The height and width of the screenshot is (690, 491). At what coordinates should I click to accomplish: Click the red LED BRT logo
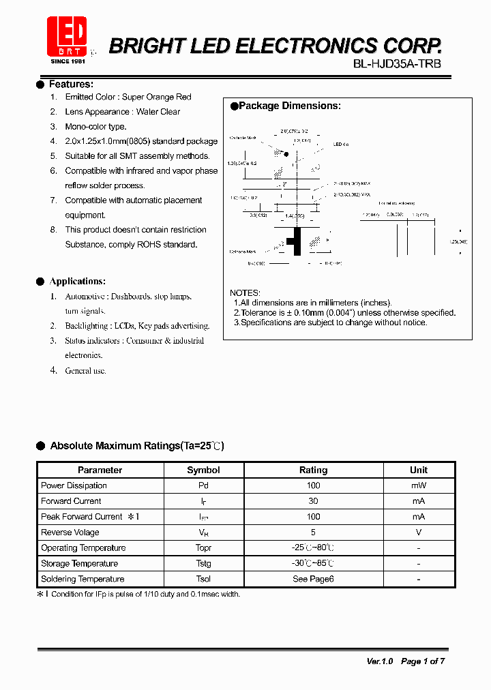67,37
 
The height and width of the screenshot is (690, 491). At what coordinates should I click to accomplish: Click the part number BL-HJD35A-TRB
397,64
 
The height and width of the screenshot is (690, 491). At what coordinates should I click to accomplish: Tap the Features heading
71,85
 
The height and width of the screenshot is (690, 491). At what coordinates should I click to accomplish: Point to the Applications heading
77,282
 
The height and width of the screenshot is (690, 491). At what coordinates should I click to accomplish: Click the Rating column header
313,470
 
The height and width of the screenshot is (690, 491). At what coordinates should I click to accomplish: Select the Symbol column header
203,470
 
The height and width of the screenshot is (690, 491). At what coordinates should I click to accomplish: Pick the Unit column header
418,470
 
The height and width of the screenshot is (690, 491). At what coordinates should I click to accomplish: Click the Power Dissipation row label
74,485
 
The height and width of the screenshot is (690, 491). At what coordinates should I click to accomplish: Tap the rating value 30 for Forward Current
313,501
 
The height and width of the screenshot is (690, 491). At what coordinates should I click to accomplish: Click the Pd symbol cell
203,485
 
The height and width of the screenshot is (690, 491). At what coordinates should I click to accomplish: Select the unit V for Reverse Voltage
418,532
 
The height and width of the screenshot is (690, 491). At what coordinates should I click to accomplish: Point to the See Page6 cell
313,579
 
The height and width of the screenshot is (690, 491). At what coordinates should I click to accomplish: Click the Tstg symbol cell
203,563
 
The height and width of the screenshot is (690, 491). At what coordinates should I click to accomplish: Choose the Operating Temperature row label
83,548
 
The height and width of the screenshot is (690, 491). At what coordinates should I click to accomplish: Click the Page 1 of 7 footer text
423,661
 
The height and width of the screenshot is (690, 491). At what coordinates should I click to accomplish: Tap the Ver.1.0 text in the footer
380,661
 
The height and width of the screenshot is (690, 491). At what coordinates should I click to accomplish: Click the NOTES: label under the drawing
245,293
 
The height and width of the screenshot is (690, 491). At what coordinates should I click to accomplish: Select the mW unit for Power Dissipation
418,485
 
